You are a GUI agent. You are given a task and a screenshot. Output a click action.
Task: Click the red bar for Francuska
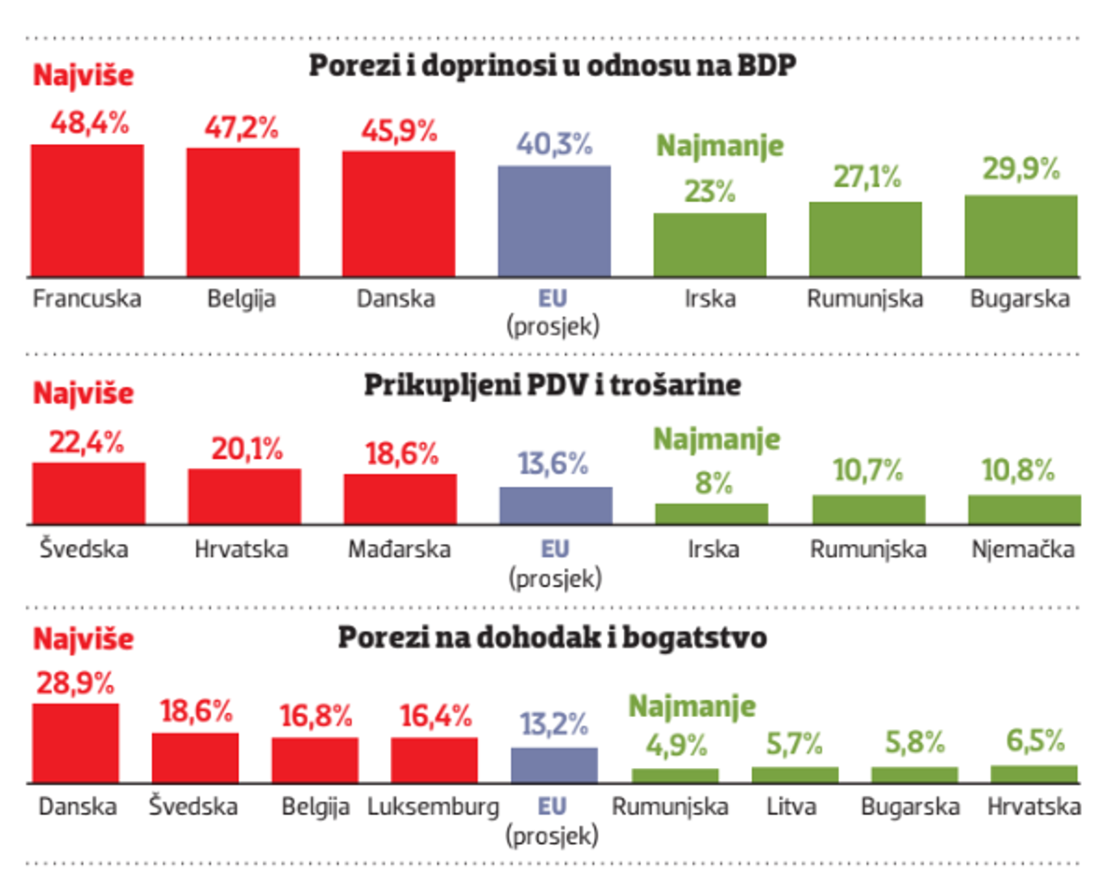pos(87,211)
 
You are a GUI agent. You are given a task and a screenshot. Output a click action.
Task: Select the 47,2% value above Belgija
pos(241,128)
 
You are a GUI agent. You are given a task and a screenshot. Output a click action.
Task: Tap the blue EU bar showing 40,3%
pos(554,222)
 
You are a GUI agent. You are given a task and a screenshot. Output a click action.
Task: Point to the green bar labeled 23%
pos(710,245)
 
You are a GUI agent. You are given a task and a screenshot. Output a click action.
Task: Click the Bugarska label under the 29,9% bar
pos(1020,299)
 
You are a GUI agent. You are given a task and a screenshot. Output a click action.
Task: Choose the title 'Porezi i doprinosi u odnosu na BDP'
pos(552,66)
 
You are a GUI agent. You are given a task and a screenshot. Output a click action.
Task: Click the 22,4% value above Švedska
pos(87,443)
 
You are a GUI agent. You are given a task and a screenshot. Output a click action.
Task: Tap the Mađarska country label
pos(399,549)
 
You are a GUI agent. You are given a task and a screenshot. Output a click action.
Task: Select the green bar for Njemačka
pos(1024,510)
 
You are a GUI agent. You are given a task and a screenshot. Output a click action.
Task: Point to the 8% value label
pos(713,483)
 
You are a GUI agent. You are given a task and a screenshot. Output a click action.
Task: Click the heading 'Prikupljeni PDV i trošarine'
pos(552,385)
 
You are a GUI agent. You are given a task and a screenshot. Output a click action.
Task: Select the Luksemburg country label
pos(433,807)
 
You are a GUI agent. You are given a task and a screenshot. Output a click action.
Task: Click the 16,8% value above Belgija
pos(316,716)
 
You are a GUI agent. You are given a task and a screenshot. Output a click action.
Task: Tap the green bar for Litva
pos(795,775)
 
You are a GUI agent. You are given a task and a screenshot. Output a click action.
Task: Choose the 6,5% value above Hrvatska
pos(1035,740)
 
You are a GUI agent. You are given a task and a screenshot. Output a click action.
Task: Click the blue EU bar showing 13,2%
pos(554,766)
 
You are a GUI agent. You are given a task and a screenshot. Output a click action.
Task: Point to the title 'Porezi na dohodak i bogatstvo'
pos(552,638)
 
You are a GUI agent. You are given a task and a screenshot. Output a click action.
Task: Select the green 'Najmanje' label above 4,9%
pos(692,706)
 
